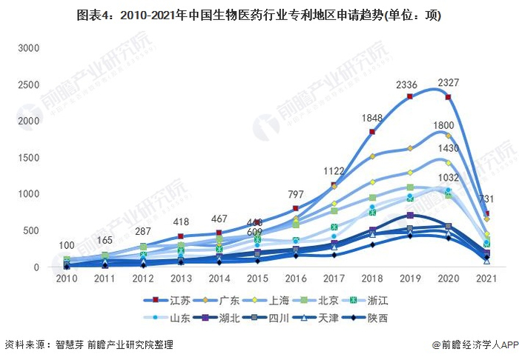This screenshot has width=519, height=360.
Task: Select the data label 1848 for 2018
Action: pos(371,119)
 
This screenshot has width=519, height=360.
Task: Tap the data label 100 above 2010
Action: pos(67,246)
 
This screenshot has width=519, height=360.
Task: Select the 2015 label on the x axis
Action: pos(257,279)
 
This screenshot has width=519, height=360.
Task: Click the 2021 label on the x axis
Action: pos(486,279)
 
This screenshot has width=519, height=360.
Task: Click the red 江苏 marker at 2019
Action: pos(409,97)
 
